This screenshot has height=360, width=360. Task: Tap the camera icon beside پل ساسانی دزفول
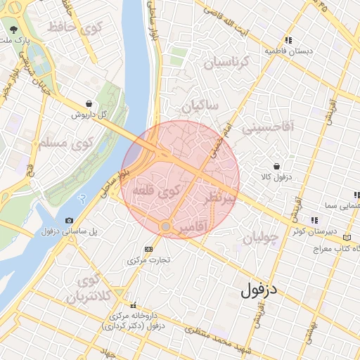(69, 221)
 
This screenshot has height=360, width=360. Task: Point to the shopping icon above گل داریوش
(88, 103)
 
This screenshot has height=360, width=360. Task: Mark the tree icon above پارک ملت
(15, 30)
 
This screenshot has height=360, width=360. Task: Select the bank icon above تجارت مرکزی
(148, 249)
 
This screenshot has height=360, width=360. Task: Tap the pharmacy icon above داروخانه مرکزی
(133, 304)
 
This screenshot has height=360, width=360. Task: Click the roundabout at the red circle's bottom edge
(165, 227)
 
